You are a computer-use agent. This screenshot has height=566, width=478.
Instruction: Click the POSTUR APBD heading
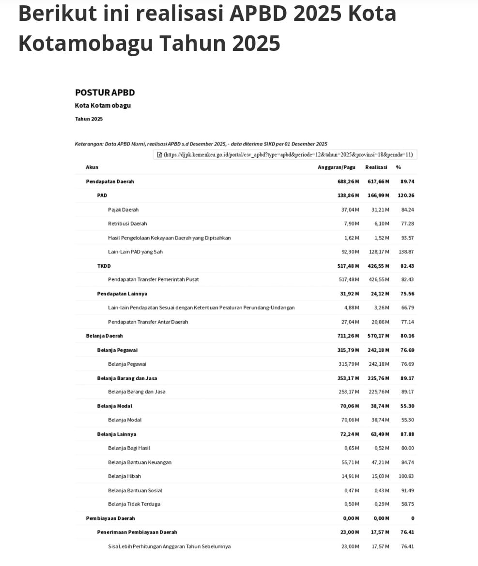pyautogui.click(x=105, y=92)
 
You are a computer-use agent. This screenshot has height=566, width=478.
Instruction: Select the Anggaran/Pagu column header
pyautogui.click(x=336, y=167)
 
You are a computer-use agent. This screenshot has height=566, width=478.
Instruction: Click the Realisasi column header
pyautogui.click(x=376, y=167)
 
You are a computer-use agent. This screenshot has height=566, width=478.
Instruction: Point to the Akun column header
pyautogui.click(x=92, y=167)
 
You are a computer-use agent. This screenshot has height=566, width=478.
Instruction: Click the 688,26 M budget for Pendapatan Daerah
pyautogui.click(x=348, y=181)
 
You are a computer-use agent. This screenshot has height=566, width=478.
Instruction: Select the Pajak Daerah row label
pyautogui.click(x=123, y=210)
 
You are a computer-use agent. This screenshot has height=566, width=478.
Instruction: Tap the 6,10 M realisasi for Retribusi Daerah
pyautogui.click(x=381, y=224)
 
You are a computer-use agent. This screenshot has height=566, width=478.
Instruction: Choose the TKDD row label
pyautogui.click(x=104, y=266)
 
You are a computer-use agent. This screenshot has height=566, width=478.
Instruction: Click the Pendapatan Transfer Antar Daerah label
pyautogui.click(x=148, y=322)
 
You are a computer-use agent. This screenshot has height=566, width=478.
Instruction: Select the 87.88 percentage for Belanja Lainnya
pyautogui.click(x=407, y=434)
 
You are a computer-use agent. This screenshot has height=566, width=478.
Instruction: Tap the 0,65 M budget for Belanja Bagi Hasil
pyautogui.click(x=351, y=448)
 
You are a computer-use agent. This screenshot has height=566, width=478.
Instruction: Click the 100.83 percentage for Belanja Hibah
pyautogui.click(x=406, y=476)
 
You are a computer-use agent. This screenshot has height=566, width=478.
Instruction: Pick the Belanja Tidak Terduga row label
pyautogui.click(x=134, y=504)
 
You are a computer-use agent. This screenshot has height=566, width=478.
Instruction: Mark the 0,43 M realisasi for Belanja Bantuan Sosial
pyautogui.click(x=381, y=490)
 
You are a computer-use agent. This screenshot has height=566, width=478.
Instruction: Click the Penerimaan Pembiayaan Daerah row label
pyautogui.click(x=137, y=532)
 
